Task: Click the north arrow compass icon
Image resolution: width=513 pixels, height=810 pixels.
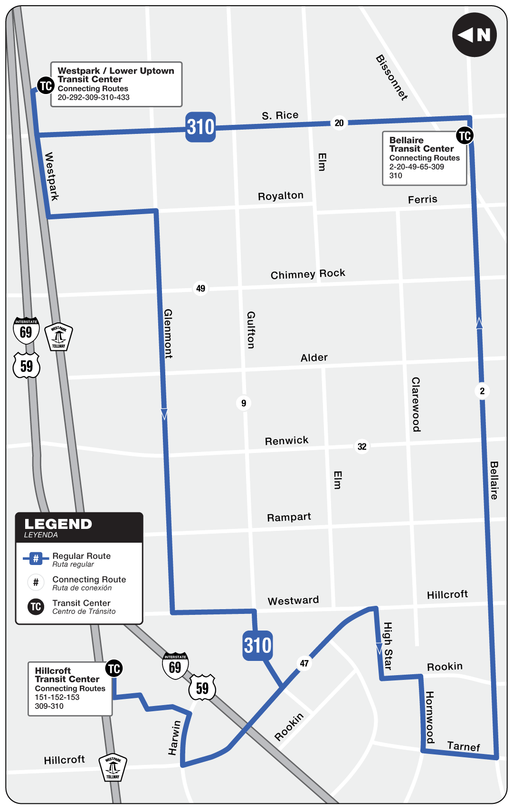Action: point(474,35)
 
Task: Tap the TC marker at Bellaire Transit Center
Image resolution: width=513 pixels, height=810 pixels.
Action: point(465,136)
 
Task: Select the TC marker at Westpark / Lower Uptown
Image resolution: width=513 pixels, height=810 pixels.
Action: point(46,86)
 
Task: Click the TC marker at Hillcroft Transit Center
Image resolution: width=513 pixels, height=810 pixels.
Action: point(114,669)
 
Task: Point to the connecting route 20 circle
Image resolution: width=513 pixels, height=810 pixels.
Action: point(339,123)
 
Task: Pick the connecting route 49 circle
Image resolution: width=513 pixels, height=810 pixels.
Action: point(200,288)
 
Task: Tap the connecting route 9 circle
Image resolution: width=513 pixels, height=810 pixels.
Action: point(244,403)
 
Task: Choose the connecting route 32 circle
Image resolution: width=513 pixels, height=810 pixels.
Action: point(362,446)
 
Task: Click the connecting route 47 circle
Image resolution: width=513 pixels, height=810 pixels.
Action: point(304,663)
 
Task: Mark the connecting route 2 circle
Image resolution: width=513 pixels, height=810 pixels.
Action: point(482,391)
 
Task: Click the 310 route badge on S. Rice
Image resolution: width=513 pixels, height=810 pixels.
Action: point(200,127)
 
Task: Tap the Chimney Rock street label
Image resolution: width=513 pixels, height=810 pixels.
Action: point(308,274)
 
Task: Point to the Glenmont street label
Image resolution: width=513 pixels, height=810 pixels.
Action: point(168,333)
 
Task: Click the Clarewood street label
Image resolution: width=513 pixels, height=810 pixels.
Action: point(416,404)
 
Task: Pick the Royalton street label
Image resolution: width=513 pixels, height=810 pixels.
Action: point(280,196)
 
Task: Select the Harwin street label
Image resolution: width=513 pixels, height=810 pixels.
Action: point(174,738)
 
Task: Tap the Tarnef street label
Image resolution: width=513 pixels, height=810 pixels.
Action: point(464,746)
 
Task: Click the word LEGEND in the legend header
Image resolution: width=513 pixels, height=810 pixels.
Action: point(58,524)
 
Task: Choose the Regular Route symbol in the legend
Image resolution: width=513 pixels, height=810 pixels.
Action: point(36,559)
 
